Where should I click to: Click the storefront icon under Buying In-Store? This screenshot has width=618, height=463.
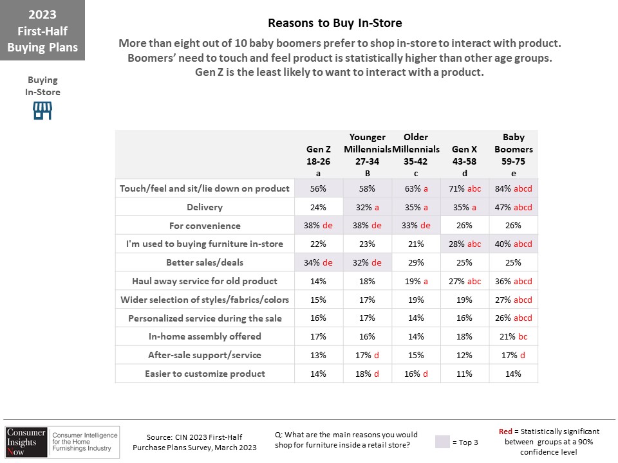tap(42, 111)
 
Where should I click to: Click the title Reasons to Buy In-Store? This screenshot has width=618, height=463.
tap(335, 23)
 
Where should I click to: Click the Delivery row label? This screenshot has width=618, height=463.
tap(205, 207)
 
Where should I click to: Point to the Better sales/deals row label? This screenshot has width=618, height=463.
tap(205, 262)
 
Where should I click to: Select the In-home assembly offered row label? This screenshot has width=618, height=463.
tap(205, 336)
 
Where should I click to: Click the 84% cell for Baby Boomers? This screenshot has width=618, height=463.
tap(514, 188)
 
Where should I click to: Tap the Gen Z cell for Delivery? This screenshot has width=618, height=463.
tap(319, 207)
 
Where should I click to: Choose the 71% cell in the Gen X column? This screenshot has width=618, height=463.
tap(465, 188)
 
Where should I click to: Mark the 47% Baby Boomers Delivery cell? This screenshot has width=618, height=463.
tap(514, 207)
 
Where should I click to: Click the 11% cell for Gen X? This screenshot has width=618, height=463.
tap(464, 374)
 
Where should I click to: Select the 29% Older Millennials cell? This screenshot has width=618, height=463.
tap(417, 262)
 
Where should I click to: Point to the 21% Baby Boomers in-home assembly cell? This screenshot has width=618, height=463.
tap(514, 336)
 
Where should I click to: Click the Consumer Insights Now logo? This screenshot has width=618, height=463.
tap(62, 442)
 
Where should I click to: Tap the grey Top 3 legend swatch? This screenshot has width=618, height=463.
tap(442, 442)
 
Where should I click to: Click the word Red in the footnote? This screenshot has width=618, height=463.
tap(505, 431)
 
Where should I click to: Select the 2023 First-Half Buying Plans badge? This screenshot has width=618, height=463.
tap(42, 30)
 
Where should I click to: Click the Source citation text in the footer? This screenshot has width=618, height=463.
tap(194, 442)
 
